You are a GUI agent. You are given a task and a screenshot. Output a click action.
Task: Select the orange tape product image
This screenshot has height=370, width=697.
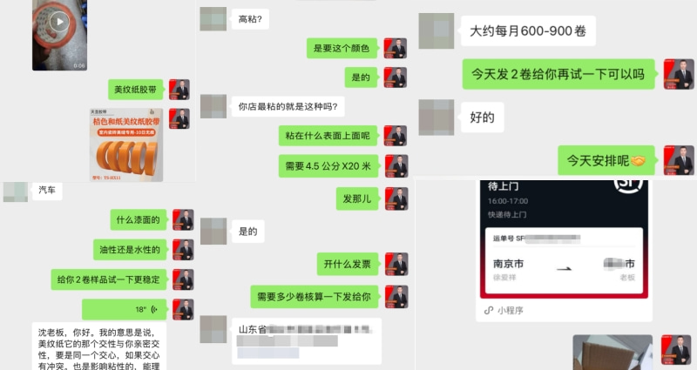(x=126, y=145)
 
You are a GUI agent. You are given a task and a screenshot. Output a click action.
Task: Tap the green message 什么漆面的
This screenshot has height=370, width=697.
(x=139, y=220)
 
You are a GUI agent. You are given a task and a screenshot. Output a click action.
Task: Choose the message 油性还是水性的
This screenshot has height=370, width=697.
(x=129, y=250)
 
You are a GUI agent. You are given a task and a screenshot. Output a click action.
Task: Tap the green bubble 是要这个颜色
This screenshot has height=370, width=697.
(x=342, y=48)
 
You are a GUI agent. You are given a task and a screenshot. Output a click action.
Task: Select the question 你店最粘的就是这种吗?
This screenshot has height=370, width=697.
(x=288, y=107)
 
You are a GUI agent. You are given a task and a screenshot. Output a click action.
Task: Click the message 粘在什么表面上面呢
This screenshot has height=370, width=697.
(x=328, y=136)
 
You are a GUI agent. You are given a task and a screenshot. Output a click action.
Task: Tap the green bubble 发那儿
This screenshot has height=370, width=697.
(x=357, y=199)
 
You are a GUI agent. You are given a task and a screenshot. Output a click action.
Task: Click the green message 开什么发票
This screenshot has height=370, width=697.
(x=348, y=264)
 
